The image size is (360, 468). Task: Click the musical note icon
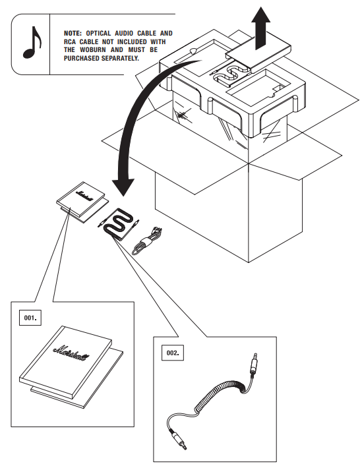click(32, 44)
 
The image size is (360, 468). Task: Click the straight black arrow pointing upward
click(260, 28)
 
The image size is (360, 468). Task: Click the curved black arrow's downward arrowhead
click(123, 187)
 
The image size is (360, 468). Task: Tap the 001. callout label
click(30, 318)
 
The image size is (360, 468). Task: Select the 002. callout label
click(173, 353)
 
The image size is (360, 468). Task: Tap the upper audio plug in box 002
click(254, 365)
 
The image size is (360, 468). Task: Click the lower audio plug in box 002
click(177, 439)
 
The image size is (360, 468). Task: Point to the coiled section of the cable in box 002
click(221, 394)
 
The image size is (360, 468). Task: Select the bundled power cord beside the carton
click(147, 241)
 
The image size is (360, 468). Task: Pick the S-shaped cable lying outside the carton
click(118, 223)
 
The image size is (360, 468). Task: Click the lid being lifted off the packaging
click(258, 53)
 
